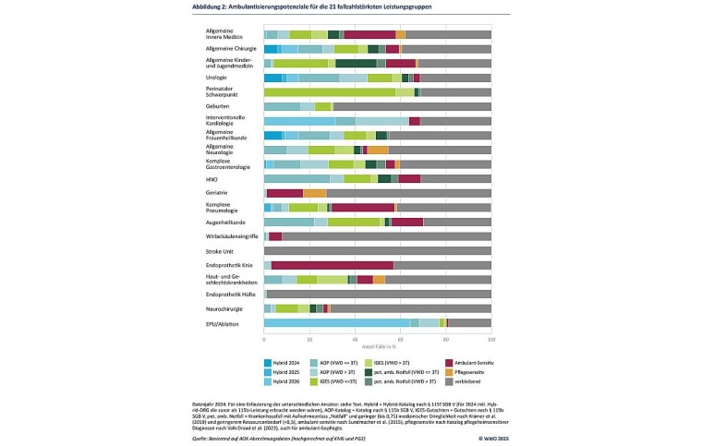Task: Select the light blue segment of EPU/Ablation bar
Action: click(x=337, y=322)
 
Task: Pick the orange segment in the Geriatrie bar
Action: click(x=315, y=193)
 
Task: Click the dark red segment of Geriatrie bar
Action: click(x=284, y=193)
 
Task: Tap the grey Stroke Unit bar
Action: click(x=378, y=250)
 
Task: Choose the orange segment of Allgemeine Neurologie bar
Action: click(x=378, y=150)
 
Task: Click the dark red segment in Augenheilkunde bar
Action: click(x=407, y=222)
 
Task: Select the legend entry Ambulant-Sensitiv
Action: click(x=473, y=361)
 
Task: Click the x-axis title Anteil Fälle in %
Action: click(x=378, y=345)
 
